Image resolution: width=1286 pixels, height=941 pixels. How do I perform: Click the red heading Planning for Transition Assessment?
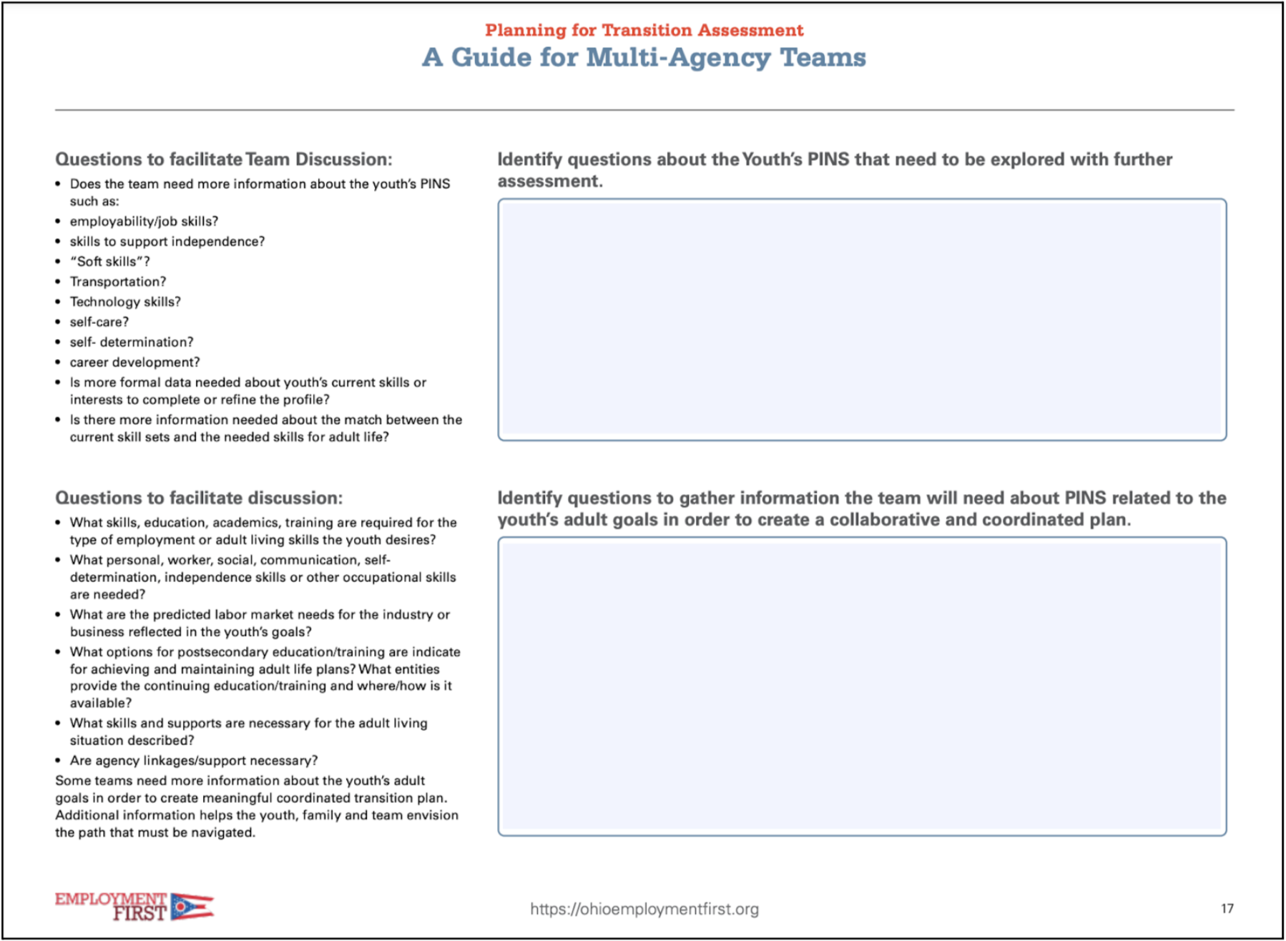click(644, 30)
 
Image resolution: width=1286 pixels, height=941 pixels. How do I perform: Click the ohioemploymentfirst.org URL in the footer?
click(644, 909)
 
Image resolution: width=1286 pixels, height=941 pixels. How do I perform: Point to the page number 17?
click(1227, 908)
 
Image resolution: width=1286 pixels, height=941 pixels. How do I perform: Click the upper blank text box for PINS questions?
click(862, 320)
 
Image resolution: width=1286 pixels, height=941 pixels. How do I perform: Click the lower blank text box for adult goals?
click(862, 686)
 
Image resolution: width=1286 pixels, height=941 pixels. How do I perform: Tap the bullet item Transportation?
click(118, 282)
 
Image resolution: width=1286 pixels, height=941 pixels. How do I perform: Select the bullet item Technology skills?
click(125, 302)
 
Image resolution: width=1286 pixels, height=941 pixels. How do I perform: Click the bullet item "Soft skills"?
click(109, 262)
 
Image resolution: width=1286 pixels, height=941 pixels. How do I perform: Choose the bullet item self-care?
click(99, 322)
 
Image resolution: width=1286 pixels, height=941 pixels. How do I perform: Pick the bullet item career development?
click(134, 362)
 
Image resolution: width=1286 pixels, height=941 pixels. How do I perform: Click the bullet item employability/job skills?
click(144, 221)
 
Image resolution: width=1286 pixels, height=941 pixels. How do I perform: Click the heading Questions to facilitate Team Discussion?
click(223, 159)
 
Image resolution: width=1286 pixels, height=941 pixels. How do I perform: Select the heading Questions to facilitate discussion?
click(199, 498)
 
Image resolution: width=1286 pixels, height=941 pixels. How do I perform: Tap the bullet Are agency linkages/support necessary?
click(194, 760)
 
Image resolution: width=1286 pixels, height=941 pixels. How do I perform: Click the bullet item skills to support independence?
click(167, 242)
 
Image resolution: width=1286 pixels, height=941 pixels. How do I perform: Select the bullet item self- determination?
click(132, 342)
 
